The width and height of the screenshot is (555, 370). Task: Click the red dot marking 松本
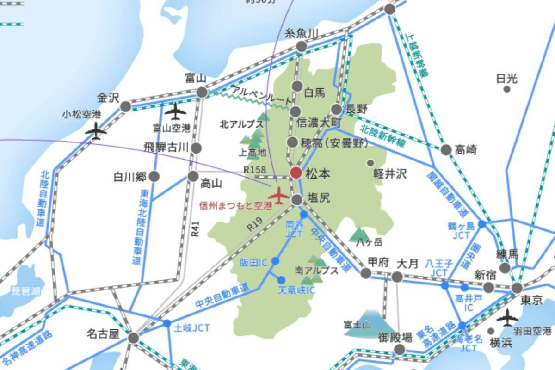(296, 173)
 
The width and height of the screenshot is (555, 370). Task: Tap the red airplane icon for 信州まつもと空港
(279, 196)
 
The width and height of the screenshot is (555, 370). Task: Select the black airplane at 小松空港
(96, 131)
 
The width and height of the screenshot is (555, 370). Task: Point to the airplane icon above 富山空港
(175, 111)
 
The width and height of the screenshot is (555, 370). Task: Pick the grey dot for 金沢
(125, 107)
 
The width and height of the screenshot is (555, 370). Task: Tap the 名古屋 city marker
(133, 338)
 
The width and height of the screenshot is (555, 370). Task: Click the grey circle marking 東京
(517, 288)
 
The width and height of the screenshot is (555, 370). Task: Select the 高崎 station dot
(446, 150)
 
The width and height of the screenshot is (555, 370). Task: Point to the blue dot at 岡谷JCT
(304, 215)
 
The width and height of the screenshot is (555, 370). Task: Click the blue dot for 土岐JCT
(166, 323)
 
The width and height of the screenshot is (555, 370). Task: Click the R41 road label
(196, 228)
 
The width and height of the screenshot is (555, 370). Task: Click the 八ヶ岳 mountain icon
(360, 234)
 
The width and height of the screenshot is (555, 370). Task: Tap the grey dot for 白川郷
(154, 176)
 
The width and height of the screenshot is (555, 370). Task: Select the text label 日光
(506, 78)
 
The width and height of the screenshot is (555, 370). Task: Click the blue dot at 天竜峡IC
(281, 280)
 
